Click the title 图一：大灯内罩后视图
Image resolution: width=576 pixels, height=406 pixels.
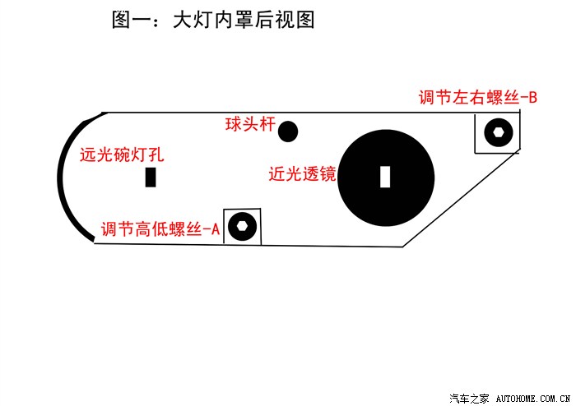213,20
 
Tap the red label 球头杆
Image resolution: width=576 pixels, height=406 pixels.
250,124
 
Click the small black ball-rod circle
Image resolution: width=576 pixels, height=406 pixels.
288,131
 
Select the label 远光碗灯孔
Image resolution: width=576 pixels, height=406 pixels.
122,155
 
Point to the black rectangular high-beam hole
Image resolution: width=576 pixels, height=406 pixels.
151,178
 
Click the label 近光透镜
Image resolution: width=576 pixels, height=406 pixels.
302,173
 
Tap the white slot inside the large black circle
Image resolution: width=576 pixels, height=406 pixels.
385,177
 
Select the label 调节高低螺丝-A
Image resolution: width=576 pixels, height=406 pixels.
160,229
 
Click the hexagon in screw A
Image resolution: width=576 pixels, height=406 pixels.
242,226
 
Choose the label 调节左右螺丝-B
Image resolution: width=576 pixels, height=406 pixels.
477,98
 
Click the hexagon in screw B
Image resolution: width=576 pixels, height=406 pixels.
498,132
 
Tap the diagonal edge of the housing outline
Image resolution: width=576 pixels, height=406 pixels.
462,198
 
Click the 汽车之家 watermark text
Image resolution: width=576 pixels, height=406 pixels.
469,399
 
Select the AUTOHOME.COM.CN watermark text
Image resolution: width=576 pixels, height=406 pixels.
533,399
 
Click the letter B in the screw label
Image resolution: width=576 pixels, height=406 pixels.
532,98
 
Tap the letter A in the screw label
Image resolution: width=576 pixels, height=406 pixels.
216,229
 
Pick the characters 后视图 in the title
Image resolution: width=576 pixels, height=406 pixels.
285,20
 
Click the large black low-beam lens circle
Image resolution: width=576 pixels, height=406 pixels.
386,178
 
